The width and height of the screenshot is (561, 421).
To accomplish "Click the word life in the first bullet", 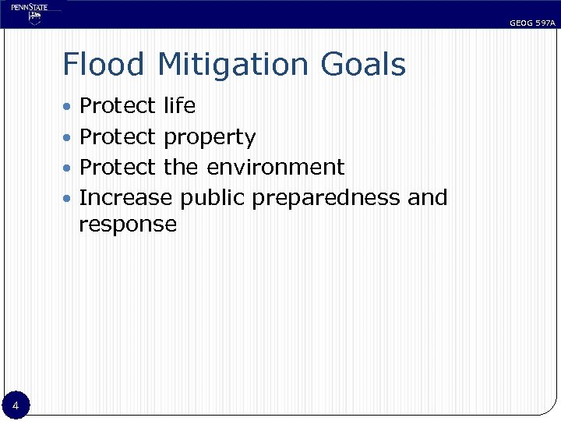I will coord(179,105).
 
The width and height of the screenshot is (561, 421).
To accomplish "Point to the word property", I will coord(210,138).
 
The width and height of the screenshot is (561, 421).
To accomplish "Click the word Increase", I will coord(125,198).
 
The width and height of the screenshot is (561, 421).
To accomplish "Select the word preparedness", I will coord(326,199).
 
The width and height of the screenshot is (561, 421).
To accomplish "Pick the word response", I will coord(128,225).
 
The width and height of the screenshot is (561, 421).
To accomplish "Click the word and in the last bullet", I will coord(428,198).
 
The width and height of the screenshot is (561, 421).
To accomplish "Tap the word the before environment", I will coord(182,167).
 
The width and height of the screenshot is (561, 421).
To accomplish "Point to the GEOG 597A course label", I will coord(532,23).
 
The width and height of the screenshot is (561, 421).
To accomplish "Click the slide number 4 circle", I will coord(16,405).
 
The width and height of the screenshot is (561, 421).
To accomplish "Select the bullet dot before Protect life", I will coord(69,106).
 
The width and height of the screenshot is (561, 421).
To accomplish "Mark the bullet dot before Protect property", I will coord(69,137).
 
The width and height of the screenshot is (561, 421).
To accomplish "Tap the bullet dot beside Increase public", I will coord(69,198).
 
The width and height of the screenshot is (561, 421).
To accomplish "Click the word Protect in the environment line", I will coord(118,167).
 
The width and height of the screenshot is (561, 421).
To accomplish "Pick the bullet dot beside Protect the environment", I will coord(69,168).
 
